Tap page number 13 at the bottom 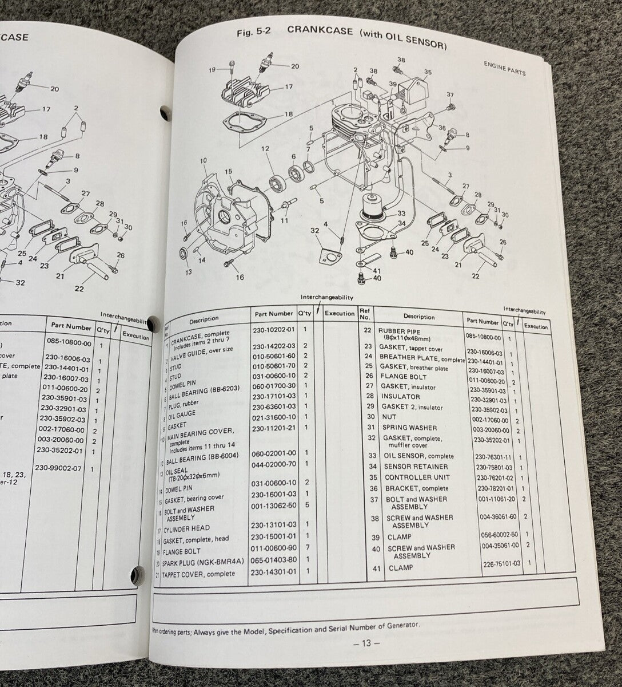click(x=366, y=642)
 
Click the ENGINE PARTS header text click(x=504, y=72)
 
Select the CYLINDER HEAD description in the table click(x=190, y=528)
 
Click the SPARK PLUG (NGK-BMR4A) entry click(x=198, y=562)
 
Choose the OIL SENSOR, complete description click(x=418, y=456)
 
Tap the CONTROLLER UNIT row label click(x=416, y=477)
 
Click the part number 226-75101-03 click(x=501, y=563)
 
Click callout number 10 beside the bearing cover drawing click(x=203, y=161)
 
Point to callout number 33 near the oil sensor click(x=401, y=214)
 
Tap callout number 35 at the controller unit click(x=428, y=72)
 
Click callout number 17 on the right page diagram click(x=289, y=88)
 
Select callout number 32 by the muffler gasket click(x=314, y=230)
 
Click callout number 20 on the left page click(x=54, y=89)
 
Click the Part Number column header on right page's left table click(x=273, y=314)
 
